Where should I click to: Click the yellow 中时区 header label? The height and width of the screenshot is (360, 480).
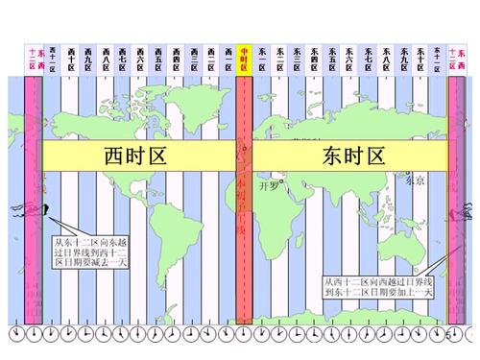(245, 57)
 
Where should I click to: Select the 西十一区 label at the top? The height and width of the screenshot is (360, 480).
(54, 57)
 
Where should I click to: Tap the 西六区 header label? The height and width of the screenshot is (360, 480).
(141, 57)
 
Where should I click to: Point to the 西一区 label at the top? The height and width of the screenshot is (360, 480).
(228, 57)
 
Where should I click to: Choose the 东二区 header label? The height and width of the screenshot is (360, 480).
(280, 57)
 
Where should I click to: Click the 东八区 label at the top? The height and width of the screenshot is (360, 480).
(385, 57)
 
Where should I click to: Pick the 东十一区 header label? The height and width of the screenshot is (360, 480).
(438, 57)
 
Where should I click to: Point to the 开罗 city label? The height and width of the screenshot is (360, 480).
(273, 186)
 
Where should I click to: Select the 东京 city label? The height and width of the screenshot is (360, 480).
(413, 180)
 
